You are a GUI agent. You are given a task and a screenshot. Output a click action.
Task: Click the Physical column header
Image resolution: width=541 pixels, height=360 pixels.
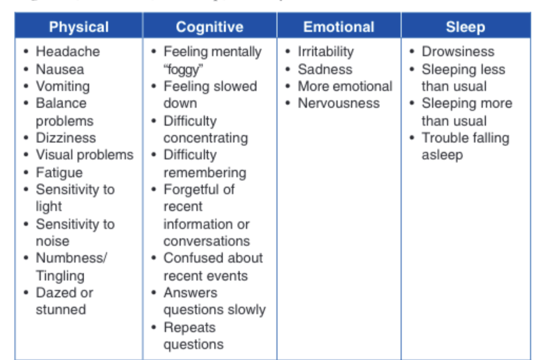tap(79, 27)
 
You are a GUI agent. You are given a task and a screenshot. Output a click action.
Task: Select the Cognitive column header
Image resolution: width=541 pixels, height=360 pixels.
tap(210, 27)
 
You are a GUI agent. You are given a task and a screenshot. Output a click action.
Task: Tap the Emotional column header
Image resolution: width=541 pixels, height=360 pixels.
tap(339, 27)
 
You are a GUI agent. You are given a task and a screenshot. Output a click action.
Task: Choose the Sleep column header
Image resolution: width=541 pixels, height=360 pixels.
tap(465, 27)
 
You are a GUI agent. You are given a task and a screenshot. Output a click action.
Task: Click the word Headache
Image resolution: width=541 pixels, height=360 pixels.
tap(68, 51)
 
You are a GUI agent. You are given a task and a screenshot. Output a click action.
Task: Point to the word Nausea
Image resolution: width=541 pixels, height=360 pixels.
tap(60, 69)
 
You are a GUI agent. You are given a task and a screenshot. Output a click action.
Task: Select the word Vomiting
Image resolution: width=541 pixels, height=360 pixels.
tap(63, 86)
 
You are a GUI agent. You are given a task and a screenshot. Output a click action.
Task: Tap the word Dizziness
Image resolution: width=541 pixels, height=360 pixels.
tap(66, 138)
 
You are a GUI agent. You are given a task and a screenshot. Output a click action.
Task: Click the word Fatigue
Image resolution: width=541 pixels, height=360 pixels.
tap(60, 173)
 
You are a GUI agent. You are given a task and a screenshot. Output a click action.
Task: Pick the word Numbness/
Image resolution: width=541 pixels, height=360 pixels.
tap(71, 258)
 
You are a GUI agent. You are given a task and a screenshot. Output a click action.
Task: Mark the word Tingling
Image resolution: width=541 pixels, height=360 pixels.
tap(60, 276)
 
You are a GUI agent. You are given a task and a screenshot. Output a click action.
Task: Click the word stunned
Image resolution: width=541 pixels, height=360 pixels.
tap(61, 310)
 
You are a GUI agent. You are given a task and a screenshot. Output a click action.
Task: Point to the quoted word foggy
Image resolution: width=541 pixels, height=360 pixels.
tap(182, 69)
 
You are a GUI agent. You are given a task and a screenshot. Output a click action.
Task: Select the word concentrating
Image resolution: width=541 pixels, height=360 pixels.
tap(206, 138)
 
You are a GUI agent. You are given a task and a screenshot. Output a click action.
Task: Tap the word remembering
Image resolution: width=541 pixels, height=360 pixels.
tap(205, 173)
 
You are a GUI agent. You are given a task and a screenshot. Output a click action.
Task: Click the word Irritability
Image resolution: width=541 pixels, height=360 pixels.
tap(325, 51)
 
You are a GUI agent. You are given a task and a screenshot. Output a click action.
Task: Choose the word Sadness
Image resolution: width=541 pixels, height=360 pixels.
tap(325, 69)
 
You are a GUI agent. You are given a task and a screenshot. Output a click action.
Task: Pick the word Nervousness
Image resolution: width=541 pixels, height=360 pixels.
tap(339, 103)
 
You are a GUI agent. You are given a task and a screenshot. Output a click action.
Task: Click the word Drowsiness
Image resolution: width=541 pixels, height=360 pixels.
tap(458, 51)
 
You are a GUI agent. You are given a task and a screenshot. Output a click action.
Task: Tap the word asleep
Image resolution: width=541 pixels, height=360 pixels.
tap(442, 155)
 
